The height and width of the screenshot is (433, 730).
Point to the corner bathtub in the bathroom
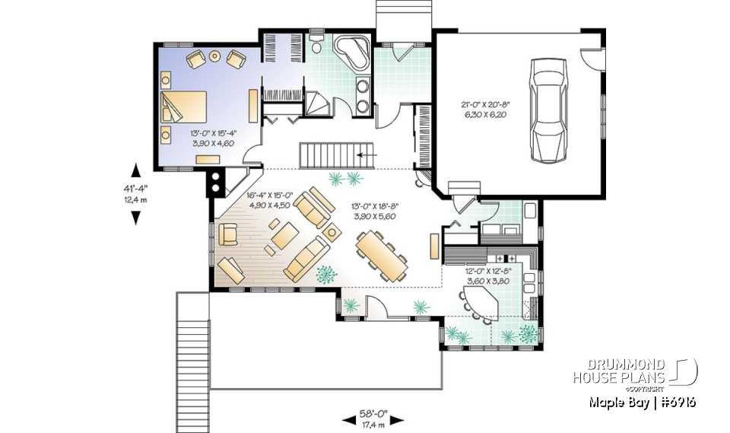pyautogui.click(x=351, y=49)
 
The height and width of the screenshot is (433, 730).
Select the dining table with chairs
pyautogui.click(x=380, y=256)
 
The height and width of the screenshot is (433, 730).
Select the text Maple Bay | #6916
pyautogui.click(x=642, y=403)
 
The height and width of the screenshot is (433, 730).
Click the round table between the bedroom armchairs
pyautogui.click(x=214, y=56)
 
